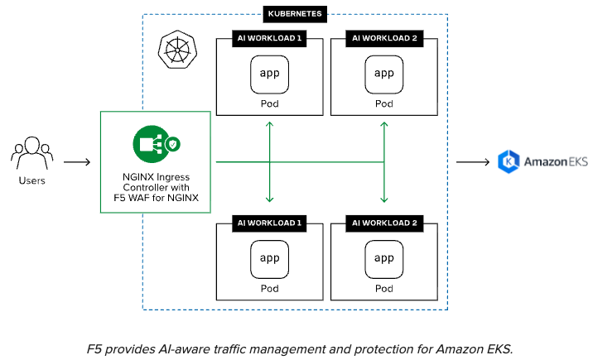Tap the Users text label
pyautogui.click(x=32, y=180)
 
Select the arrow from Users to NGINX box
pyautogui.click(x=76, y=161)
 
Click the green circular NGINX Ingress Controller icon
pyautogui.click(x=149, y=142)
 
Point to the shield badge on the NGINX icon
pyautogui.click(x=173, y=145)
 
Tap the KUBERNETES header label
pyautogui.click(x=296, y=14)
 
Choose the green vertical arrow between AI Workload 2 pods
pyautogui.click(x=384, y=161)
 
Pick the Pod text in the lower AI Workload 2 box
pyautogui.click(x=384, y=289)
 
